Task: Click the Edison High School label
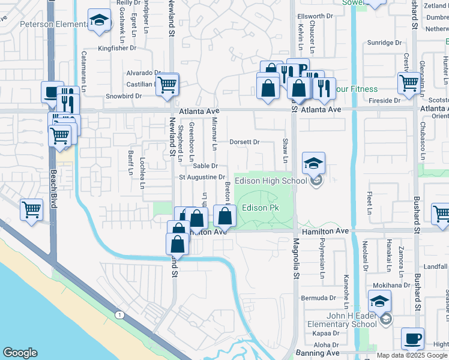click(270, 181)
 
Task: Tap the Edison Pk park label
click(261, 208)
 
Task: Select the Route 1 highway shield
click(118, 315)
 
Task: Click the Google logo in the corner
click(20, 353)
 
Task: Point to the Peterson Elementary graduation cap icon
click(98, 22)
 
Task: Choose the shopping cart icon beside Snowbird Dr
click(167, 85)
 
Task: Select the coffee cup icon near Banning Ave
click(412, 339)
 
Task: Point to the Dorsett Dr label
click(244, 142)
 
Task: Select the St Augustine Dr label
click(202, 178)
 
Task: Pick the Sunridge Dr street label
click(384, 43)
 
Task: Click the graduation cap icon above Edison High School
click(313, 163)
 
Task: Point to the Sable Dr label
click(205, 166)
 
